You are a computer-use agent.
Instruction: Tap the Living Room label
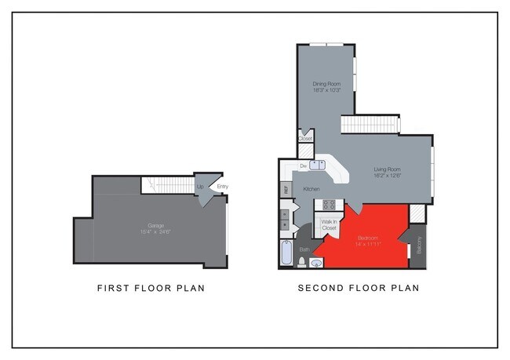coord(388,172)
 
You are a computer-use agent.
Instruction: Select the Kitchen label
coord(311,189)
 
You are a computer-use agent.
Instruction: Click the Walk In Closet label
coord(329,225)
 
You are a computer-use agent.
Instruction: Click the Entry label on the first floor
coord(222,186)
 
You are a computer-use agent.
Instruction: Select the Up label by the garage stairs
coord(200,187)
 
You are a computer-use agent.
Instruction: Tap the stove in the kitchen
coord(329,205)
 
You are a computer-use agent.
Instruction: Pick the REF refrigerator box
coord(286,189)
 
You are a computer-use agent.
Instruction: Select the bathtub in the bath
coord(286,254)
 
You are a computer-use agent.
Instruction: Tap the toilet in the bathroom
coord(303,261)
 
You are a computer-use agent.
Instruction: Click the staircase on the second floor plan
coord(369,124)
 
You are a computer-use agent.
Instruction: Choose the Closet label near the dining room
coord(305,139)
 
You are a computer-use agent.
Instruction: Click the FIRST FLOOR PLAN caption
coord(151,288)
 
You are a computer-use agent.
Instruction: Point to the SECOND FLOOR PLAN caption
coord(358,288)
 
